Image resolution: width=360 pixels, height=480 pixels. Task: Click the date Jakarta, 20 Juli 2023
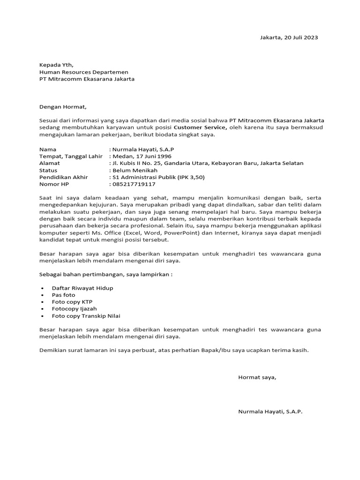(x=289, y=37)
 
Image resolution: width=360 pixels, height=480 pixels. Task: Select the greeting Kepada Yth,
(x=56, y=65)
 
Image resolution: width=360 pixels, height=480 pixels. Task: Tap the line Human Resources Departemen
(x=83, y=72)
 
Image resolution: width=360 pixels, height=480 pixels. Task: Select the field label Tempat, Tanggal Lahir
(x=70, y=156)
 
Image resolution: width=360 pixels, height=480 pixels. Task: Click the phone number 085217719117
(x=134, y=184)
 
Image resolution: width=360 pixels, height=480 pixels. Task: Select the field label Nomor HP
(x=54, y=184)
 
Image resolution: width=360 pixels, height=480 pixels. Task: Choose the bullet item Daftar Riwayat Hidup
(x=82, y=288)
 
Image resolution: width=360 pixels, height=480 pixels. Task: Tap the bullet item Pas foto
(x=63, y=295)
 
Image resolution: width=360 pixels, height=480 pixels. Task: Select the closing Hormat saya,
(x=257, y=377)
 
